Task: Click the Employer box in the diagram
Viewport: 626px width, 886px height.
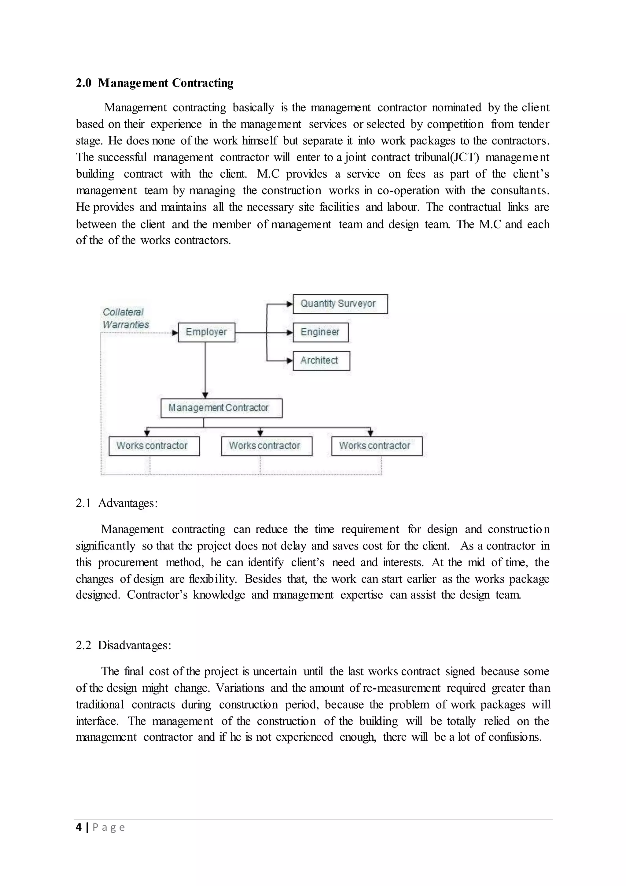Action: click(206, 332)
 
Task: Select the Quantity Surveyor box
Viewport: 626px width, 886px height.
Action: click(340, 304)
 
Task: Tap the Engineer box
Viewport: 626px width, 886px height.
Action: click(320, 332)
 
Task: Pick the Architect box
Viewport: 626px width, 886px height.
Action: click(321, 361)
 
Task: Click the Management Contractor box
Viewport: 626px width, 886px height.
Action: click(221, 408)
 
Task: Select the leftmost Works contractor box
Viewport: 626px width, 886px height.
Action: click(154, 446)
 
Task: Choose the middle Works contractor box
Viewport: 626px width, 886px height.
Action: click(266, 446)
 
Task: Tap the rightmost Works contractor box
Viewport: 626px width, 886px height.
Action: click(377, 446)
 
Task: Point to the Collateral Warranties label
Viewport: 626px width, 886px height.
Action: click(125, 318)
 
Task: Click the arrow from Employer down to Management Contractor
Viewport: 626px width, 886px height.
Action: click(205, 370)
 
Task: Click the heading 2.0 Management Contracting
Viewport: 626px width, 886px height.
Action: click(155, 83)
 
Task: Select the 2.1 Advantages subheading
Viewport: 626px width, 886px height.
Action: click(117, 503)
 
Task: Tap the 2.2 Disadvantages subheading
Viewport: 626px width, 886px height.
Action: click(123, 645)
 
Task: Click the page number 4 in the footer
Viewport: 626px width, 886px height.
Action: click(79, 827)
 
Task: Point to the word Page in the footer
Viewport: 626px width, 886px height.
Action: click(109, 827)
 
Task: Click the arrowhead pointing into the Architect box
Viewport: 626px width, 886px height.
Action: click(290, 361)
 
